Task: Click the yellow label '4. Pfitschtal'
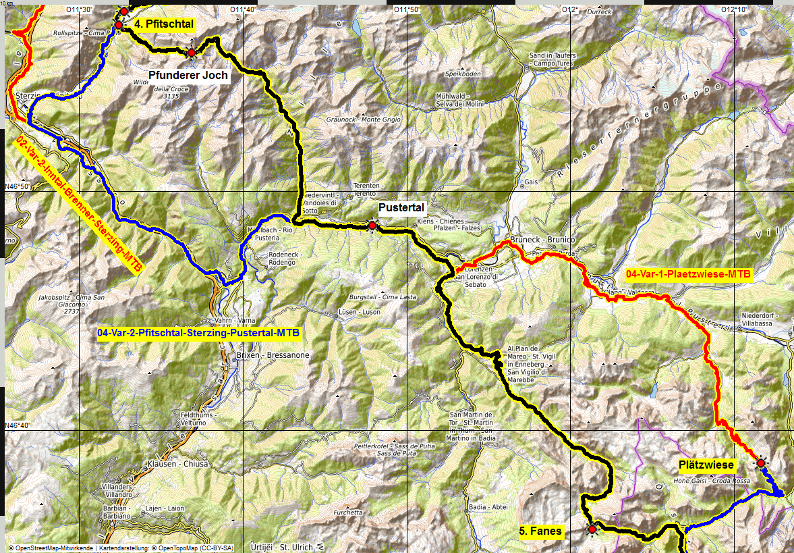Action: pos(164,24)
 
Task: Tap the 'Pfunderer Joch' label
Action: pos(188,75)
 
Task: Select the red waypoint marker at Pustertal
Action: pos(372,226)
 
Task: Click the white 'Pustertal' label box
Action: pos(401,208)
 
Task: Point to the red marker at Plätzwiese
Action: pos(761,463)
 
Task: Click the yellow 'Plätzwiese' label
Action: pos(706,465)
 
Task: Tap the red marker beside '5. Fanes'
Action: pos(592,529)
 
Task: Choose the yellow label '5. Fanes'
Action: pos(541,531)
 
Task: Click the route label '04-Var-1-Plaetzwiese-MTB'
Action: pos(688,274)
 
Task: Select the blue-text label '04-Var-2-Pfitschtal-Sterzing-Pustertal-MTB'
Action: pos(198,333)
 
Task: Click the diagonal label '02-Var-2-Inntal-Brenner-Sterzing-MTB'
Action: pos(78,205)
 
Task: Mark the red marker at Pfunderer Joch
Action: pos(192,52)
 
